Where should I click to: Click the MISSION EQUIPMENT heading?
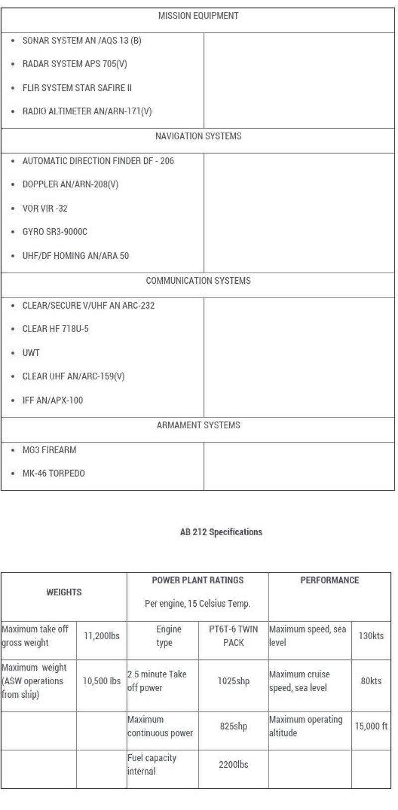coord(198,16)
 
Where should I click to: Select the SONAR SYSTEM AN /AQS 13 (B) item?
coord(82,41)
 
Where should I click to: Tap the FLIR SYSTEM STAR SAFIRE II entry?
coord(77,88)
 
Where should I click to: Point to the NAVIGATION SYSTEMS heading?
coord(198,136)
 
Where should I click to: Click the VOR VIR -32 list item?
coord(45,208)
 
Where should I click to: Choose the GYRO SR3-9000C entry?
coord(55,232)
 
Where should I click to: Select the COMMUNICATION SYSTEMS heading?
coord(198,281)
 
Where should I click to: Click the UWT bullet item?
coord(31,353)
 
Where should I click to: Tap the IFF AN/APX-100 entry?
coord(53,400)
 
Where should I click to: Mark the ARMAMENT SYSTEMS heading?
coord(198,425)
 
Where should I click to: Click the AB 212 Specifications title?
coord(221,532)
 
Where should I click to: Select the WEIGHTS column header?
coord(64,592)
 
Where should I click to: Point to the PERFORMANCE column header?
coord(329,580)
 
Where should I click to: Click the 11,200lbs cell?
coord(101,636)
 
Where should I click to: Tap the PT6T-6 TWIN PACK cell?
coord(233,636)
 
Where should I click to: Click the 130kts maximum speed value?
coord(371,636)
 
